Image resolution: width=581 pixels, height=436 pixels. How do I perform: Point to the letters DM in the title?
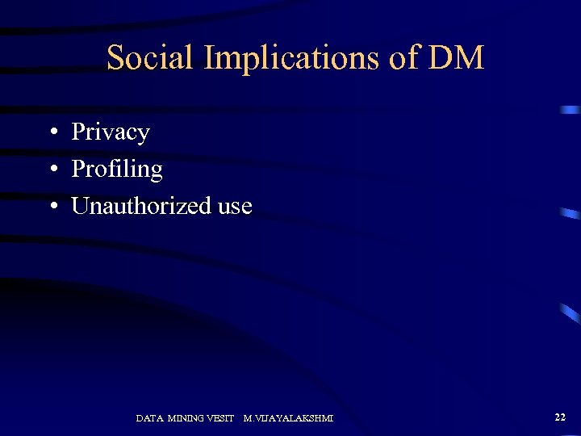(x=458, y=58)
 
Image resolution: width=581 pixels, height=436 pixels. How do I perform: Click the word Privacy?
(x=111, y=132)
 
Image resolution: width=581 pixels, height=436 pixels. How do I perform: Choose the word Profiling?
(x=117, y=170)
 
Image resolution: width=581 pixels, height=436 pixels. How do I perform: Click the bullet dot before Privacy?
(x=51, y=132)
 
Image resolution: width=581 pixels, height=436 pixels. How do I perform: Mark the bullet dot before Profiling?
(x=51, y=170)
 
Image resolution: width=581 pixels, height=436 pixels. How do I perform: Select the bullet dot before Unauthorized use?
(x=51, y=207)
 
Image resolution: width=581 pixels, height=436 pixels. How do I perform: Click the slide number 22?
(x=560, y=417)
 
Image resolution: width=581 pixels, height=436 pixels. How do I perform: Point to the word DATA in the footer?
(x=149, y=418)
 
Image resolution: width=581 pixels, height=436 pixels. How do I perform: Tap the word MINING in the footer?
(x=186, y=418)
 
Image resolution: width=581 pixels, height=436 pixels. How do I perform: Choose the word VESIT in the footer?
(x=221, y=418)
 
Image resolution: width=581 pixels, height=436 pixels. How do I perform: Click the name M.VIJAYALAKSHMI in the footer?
(x=288, y=418)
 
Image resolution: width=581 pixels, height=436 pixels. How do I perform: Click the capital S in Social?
(x=115, y=58)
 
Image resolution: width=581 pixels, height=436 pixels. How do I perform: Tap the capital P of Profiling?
(x=78, y=170)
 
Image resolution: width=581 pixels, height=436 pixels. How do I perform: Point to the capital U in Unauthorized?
(x=81, y=206)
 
